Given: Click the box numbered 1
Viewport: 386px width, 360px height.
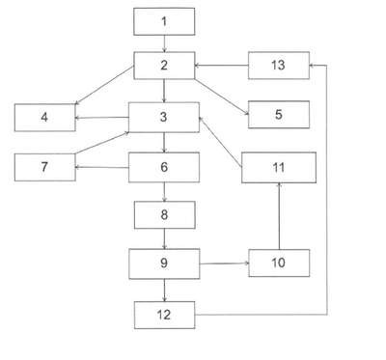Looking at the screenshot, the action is point(164,21).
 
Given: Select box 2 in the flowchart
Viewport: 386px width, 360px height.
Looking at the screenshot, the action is point(164,66).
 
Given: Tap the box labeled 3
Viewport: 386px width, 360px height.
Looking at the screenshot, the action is point(164,117).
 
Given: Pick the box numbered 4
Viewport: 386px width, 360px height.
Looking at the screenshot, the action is point(45,118).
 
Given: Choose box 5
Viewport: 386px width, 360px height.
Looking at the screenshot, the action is point(279,115).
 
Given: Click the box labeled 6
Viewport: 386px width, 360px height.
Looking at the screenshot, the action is point(164,167).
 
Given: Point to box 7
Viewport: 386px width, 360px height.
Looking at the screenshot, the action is point(45,167).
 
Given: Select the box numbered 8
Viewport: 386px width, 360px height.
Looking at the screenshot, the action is point(165,215).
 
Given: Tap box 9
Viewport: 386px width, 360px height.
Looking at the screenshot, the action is point(164,263).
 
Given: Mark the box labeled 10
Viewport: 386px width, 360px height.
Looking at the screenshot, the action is point(279,263).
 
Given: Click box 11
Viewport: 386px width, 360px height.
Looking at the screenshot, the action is point(279,168).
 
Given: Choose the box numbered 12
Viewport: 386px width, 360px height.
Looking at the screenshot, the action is point(165,315).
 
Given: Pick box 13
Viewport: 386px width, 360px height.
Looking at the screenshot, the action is point(279,66).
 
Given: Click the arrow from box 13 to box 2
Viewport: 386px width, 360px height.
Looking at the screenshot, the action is point(221,66).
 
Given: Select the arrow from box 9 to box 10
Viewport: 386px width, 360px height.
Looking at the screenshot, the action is point(224,263).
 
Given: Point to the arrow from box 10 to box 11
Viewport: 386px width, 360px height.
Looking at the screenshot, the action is point(279,216).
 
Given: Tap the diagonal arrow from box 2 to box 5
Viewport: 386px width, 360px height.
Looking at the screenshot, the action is point(222,97).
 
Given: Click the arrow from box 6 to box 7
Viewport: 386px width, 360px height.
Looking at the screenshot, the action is point(102,167).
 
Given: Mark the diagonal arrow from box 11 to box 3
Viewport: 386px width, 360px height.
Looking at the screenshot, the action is point(220,142).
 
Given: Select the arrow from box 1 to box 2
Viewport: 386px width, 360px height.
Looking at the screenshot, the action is point(164,43).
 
